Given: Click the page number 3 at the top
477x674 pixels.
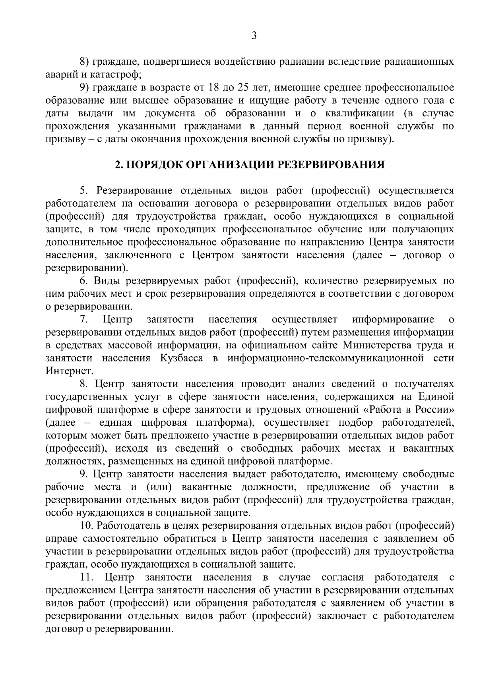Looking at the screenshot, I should coord(254,36).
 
